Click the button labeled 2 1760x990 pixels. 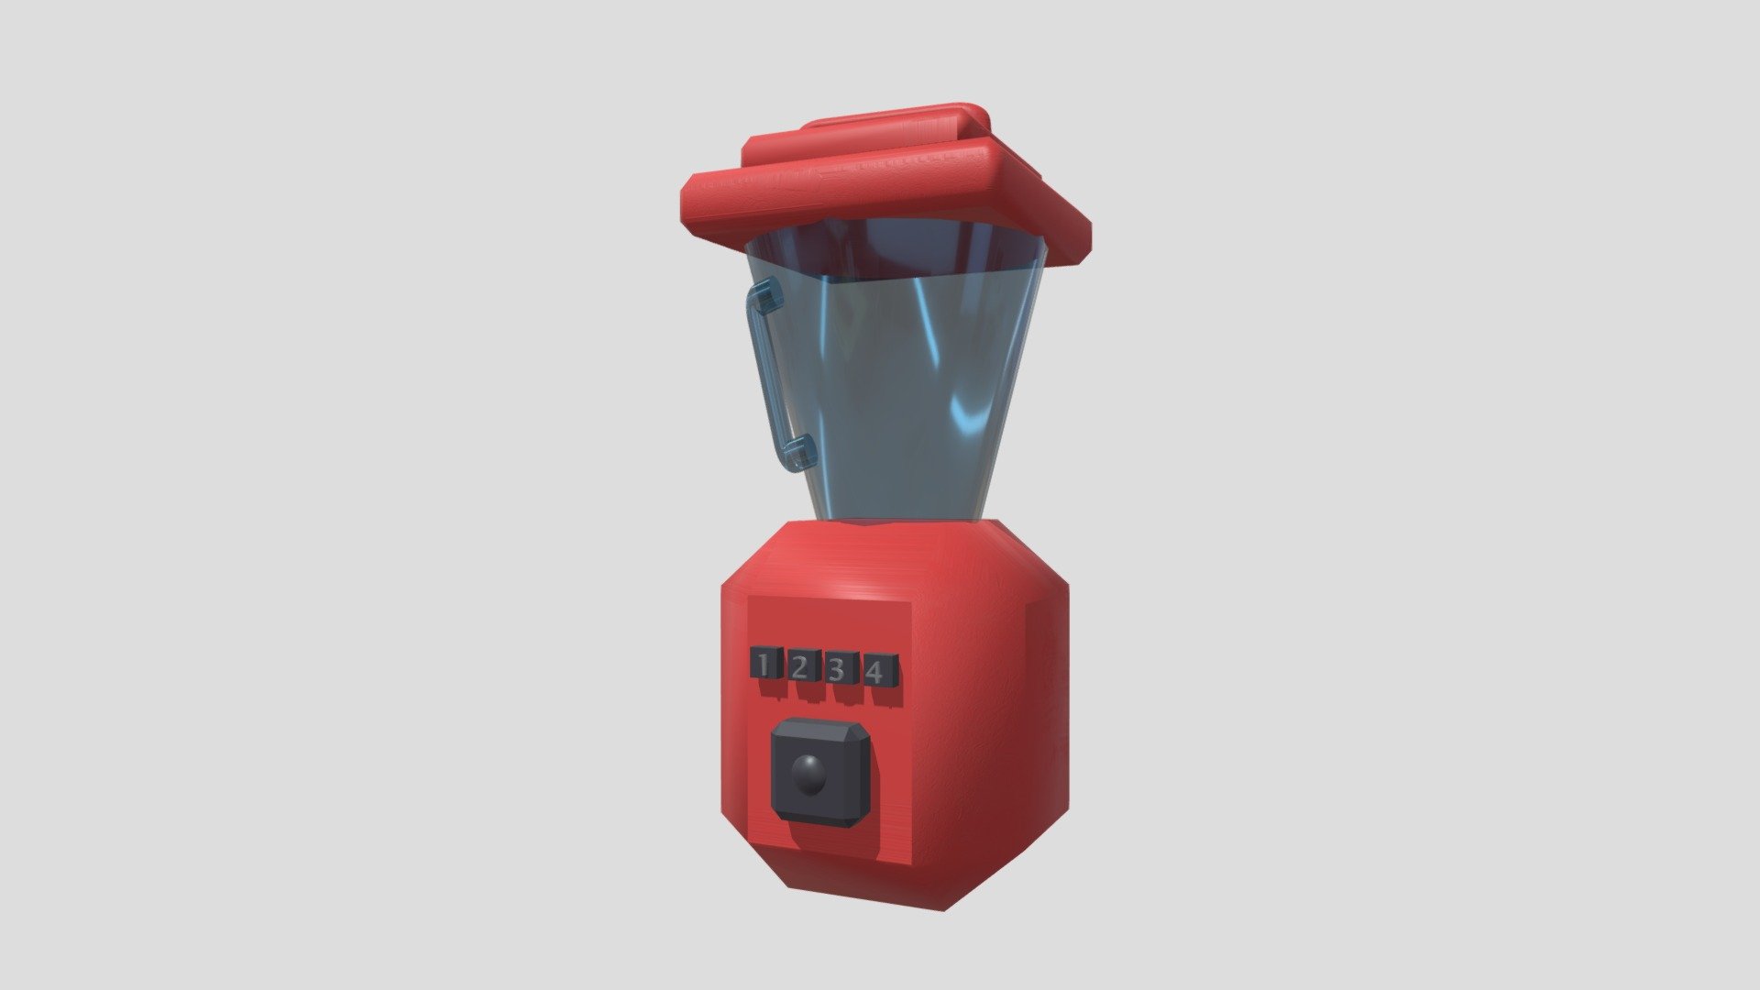[799, 666]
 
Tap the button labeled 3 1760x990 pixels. [837, 669]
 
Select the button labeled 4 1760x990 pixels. [876, 672]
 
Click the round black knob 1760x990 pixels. [808, 775]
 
